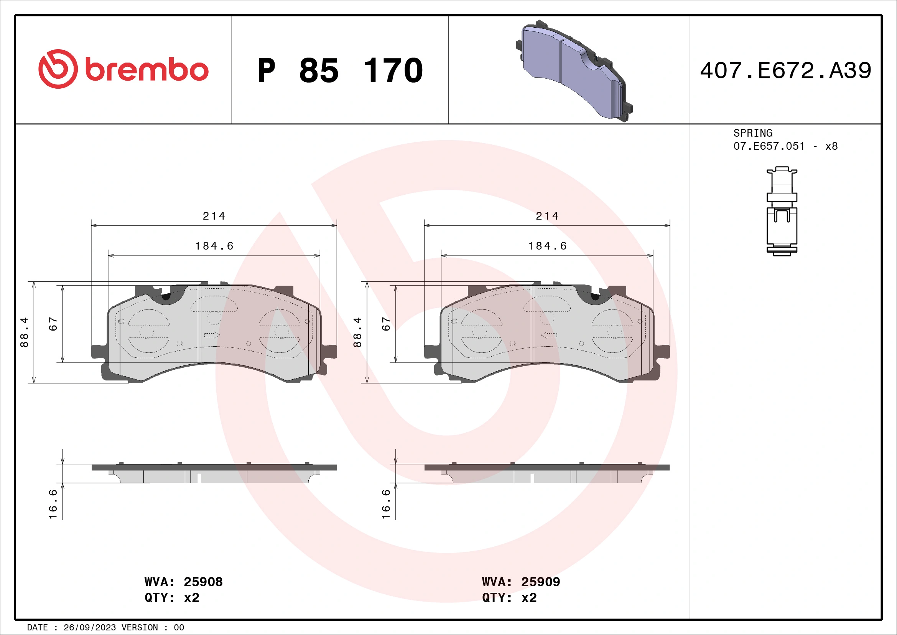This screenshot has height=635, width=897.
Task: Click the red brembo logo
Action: coord(123,69)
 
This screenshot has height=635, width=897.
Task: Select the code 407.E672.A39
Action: coord(785,71)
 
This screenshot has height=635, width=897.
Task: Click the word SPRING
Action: coord(752,133)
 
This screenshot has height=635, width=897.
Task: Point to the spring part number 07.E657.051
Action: coord(769,147)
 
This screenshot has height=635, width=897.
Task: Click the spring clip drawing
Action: coord(782,212)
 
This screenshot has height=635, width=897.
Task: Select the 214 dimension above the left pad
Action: coord(214,216)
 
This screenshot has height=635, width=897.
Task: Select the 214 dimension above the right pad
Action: coord(547,216)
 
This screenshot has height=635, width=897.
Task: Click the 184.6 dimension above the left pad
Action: coord(214,246)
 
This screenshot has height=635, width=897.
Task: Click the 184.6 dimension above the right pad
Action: coord(547,246)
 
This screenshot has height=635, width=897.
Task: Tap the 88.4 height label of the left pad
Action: coord(24,332)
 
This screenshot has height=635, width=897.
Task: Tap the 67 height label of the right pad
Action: coord(386,324)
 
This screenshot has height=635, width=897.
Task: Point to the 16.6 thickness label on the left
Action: coord(53,504)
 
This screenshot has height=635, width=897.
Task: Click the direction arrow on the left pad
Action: coord(212,335)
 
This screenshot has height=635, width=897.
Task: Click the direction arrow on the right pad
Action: coord(549,335)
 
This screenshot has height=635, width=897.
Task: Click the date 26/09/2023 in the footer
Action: coord(89,628)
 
